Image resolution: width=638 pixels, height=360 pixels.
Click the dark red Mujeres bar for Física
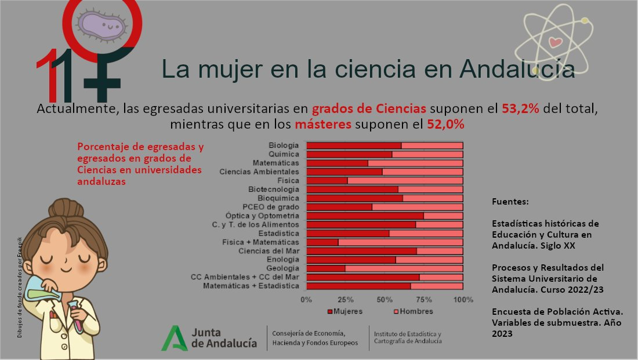[327, 180]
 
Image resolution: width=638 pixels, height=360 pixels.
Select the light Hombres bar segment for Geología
[404, 268]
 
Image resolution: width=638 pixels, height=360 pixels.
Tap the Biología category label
[284, 145]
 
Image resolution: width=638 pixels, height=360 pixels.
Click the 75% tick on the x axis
[424, 300]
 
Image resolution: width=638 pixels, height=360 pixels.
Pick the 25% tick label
[346, 300]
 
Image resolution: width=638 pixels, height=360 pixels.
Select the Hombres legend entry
[414, 311]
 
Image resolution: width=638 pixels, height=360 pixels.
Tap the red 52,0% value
[446, 124]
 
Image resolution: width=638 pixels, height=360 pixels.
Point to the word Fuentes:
[510, 202]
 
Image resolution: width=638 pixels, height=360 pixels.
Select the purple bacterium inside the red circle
[102, 25]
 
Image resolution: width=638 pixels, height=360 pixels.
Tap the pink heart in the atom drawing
[555, 42]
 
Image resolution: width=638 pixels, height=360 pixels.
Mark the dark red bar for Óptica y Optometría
[365, 216]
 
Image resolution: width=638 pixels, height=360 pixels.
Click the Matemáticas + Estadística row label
[251, 286]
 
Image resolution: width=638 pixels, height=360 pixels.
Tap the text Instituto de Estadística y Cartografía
[407, 338]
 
